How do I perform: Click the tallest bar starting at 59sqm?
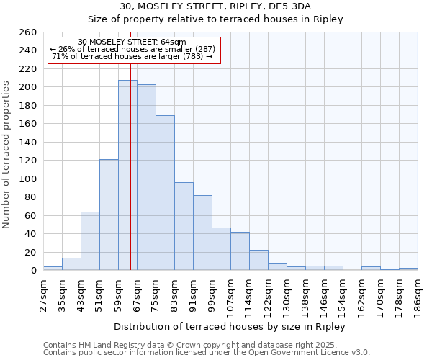pos(127,175)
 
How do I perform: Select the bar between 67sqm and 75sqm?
pos(146,177)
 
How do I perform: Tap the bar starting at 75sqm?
pos(165,192)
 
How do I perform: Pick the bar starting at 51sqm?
pos(109,215)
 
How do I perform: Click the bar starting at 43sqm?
pos(90,241)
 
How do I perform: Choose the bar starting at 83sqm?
pos(184,226)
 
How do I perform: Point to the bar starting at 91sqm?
pos(202,233)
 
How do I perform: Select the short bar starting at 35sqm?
pos(71,264)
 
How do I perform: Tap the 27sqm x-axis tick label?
pos(43,293)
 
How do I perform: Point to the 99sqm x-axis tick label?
pos(212,293)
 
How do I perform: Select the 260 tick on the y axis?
pos(27,32)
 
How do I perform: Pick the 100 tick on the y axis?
pos(27,179)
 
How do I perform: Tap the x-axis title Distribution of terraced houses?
pos(230,327)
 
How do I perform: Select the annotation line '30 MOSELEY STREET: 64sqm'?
pos(132,42)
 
